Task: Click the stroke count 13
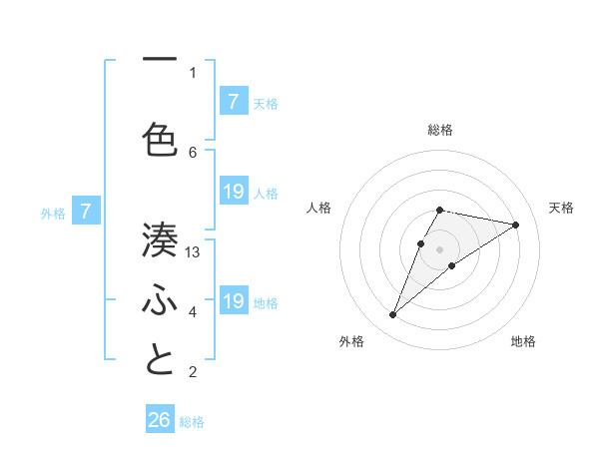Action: pos(193,252)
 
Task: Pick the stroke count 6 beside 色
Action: pos(193,152)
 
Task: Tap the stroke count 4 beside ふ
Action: pos(193,312)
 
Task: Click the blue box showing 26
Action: pos(160,420)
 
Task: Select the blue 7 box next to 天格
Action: pos(233,102)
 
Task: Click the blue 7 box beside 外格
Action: pos(87,212)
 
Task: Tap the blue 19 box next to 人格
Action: pos(233,192)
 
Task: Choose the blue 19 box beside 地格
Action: pos(233,301)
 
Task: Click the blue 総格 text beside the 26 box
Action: pos(192,422)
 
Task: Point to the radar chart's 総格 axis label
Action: pos(439,130)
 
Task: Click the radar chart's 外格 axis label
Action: pos(351,341)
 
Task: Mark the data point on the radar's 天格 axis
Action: pos(515,225)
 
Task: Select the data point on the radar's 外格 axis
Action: pos(392,315)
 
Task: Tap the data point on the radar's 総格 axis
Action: pos(439,210)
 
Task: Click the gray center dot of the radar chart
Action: pos(439,249)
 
